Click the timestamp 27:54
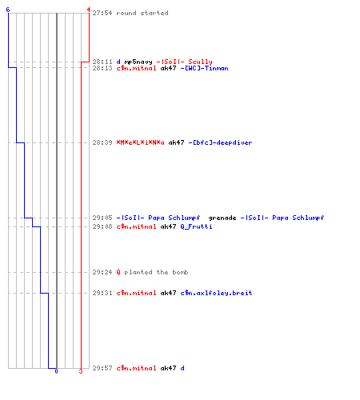point(102,13)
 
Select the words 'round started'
point(142,13)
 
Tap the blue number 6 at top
point(8,10)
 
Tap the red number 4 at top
point(89,10)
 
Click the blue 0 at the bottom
point(56,371)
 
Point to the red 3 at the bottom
point(81,371)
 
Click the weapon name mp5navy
point(138,62)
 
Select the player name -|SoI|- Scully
point(184,62)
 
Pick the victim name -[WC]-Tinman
point(204,68)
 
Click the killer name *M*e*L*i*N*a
point(140,142)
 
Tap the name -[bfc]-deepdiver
point(220,142)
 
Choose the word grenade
point(222,218)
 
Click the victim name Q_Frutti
point(196,226)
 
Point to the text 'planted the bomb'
point(156,272)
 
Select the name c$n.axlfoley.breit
point(216,293)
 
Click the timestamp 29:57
point(102,368)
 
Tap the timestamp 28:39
point(102,142)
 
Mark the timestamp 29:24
point(102,272)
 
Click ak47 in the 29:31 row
point(168,293)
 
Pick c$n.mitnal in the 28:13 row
point(136,68)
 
